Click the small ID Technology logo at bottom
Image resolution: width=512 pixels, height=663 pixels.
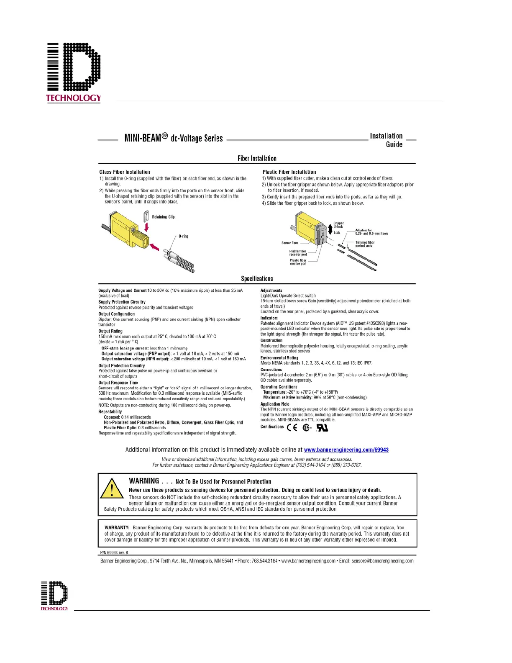[54, 595]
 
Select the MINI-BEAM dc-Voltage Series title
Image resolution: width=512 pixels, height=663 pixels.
[174, 138]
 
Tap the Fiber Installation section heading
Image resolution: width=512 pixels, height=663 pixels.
[257, 158]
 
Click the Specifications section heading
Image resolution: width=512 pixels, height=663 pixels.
[257, 279]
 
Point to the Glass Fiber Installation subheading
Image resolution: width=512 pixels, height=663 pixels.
[125, 172]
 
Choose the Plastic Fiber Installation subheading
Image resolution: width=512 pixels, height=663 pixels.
[289, 172]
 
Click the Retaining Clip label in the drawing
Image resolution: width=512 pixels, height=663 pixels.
[163, 217]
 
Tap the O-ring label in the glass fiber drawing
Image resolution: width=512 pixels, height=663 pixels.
[183, 236]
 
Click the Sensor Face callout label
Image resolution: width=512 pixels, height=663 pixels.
[289, 243]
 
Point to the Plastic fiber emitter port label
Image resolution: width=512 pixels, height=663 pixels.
[298, 262]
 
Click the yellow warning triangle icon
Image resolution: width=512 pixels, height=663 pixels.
[112, 488]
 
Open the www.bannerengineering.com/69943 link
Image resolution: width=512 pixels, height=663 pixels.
[346, 450]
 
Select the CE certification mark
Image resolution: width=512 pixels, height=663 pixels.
[292, 427]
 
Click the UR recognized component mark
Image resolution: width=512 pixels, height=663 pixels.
[322, 427]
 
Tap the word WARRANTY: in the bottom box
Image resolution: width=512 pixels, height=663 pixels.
[117, 528]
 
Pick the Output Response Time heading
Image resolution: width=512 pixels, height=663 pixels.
[118, 383]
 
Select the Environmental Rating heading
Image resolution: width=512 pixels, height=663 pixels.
[279, 358]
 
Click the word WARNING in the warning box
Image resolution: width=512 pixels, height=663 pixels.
[144, 481]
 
